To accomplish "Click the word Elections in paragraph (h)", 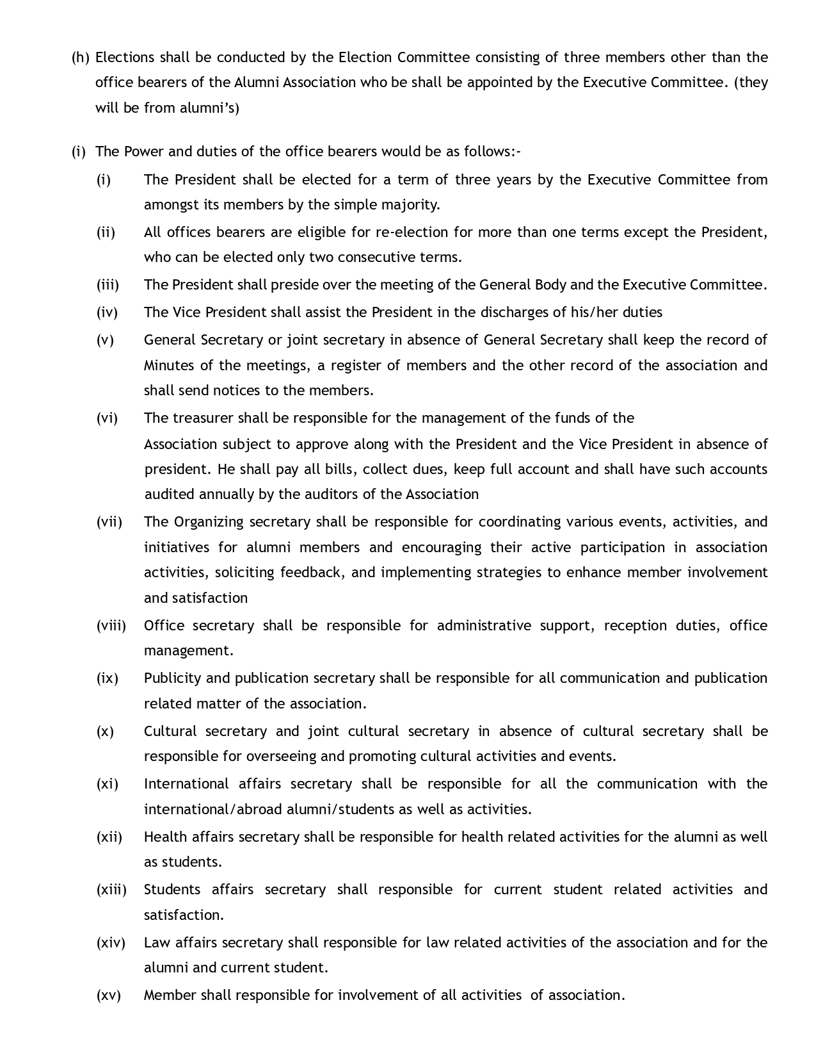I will click(x=125, y=58).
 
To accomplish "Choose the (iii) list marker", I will click(x=108, y=285).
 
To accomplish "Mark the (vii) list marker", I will click(x=109, y=522).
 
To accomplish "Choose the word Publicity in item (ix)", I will click(x=172, y=678).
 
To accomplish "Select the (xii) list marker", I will click(x=109, y=837).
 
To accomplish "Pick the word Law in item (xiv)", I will click(x=157, y=943).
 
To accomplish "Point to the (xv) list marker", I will click(x=108, y=996).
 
